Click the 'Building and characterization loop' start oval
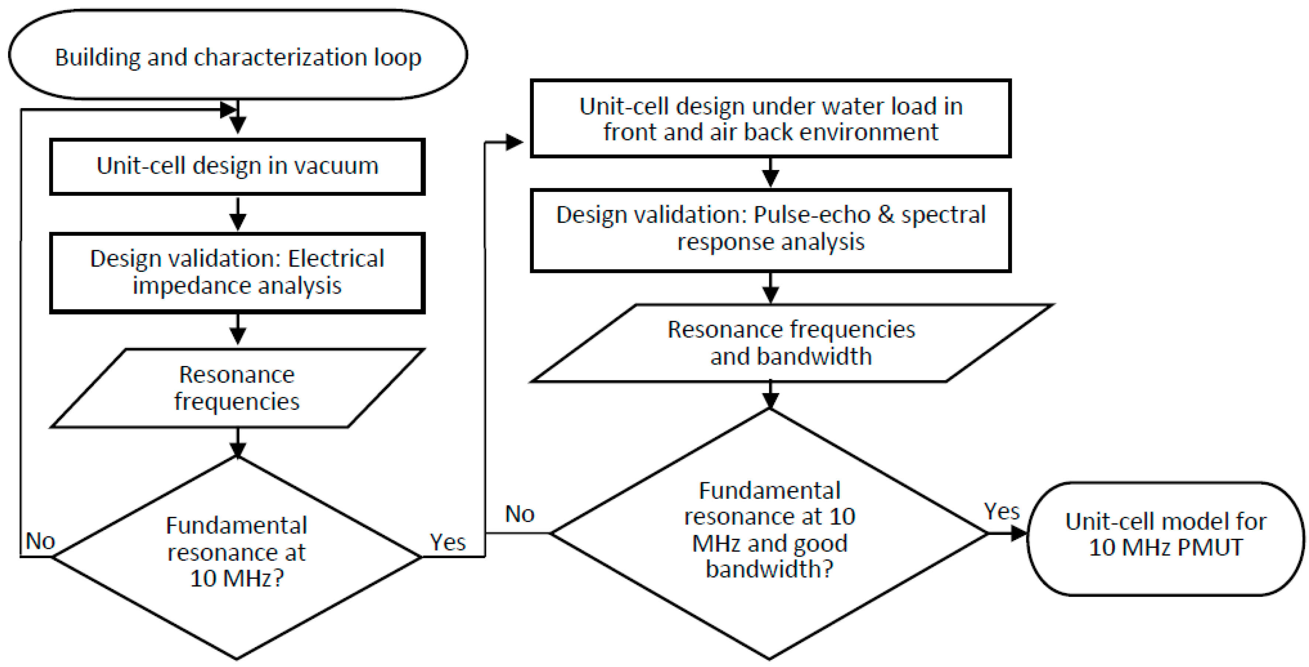pyautogui.click(x=238, y=55)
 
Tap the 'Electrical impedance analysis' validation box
pyautogui.click(x=237, y=273)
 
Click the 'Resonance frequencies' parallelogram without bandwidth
pyautogui.click(x=237, y=388)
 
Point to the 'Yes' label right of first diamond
pyautogui.click(x=448, y=542)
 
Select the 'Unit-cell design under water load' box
pyautogui.click(x=770, y=118)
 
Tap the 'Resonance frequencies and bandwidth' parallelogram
pyautogui.click(x=791, y=343)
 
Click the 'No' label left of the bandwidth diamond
pyautogui.click(x=519, y=514)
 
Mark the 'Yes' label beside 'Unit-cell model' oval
pyautogui.click(x=1001, y=511)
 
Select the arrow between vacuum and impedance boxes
pyautogui.click(x=238, y=214)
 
